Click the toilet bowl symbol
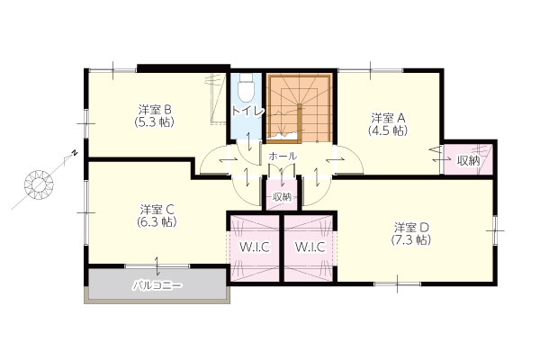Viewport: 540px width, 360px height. (x=247, y=88)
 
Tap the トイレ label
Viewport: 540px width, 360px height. (x=248, y=111)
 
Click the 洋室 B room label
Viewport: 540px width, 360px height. (x=155, y=110)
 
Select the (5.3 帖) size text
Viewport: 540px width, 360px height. (x=154, y=122)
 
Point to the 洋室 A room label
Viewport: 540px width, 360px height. (x=388, y=118)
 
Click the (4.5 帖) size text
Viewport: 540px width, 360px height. (x=388, y=130)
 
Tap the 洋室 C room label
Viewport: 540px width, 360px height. (x=157, y=209)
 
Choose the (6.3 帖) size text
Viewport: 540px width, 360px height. (x=157, y=221)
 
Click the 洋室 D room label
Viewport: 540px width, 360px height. (x=411, y=228)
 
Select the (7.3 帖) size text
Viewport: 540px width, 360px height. (x=411, y=239)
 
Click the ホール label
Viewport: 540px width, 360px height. (x=283, y=156)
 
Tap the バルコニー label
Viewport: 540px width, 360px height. (x=157, y=285)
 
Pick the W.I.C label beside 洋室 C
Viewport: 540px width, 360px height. (x=255, y=247)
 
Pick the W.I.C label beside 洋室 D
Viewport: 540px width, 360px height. (x=310, y=247)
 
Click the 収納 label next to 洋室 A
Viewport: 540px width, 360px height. (x=468, y=160)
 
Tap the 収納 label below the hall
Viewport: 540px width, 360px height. (x=282, y=197)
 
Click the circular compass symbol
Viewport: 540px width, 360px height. (x=39, y=184)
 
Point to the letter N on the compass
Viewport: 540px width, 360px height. (x=75, y=153)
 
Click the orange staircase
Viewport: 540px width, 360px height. (x=299, y=108)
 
